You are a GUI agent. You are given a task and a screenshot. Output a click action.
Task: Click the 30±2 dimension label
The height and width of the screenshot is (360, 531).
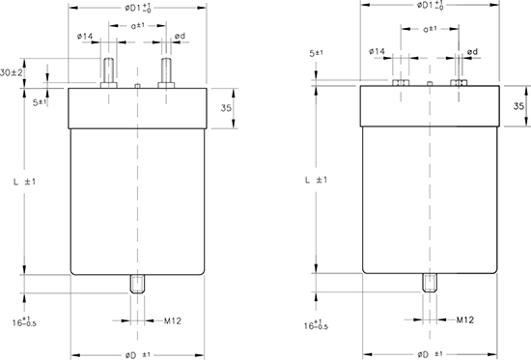coord(12,72)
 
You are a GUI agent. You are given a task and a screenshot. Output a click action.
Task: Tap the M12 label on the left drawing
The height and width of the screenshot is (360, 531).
coord(173,320)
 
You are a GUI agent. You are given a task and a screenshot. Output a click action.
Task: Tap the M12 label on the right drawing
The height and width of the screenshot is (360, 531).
coord(465,319)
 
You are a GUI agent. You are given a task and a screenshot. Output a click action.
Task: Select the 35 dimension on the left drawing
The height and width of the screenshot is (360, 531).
coord(226,108)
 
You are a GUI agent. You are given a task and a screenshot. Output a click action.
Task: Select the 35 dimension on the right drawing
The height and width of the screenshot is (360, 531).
coord(518,106)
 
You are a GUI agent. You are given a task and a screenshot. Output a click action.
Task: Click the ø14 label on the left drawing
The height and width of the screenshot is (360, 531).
coord(85,36)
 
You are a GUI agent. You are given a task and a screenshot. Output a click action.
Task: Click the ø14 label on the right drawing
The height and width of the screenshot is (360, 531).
coord(377,51)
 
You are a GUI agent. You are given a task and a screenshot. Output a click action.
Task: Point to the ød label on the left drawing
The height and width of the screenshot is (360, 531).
coord(181,36)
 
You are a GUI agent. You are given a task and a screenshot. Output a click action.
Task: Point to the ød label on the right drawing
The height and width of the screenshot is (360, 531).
coord(472,52)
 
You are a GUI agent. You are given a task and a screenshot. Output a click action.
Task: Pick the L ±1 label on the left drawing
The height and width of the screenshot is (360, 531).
coord(24,181)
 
